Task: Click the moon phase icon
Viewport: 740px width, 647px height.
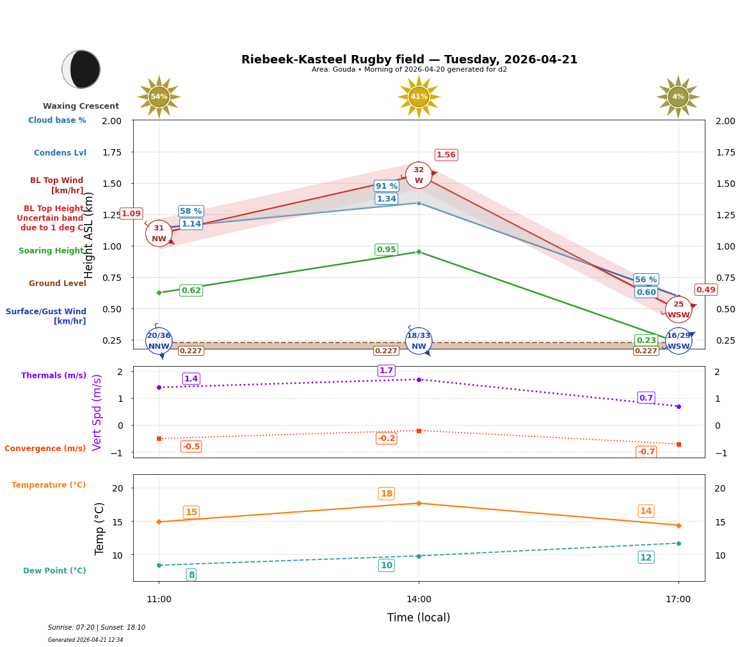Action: tap(81, 69)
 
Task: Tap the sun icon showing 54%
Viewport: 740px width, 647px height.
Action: tap(159, 97)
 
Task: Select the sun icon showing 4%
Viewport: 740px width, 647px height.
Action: tap(678, 97)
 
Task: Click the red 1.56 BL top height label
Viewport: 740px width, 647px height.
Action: tap(446, 155)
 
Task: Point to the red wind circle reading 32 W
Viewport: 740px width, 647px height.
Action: tap(419, 175)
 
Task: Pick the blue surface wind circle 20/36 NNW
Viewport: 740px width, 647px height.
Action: tap(159, 341)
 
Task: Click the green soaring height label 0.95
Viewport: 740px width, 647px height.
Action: tap(386, 250)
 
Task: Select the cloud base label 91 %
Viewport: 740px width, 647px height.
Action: tap(387, 186)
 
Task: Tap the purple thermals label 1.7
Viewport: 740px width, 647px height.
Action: tap(386, 371)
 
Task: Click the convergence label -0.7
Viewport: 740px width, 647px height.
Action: tap(646, 452)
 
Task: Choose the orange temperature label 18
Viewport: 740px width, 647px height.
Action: tap(387, 493)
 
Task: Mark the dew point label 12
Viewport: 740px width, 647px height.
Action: tap(646, 557)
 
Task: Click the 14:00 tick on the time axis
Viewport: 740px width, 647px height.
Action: tap(419, 599)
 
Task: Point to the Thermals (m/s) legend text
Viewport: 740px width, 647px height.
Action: tap(54, 376)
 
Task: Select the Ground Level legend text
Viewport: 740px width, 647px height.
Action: tap(58, 284)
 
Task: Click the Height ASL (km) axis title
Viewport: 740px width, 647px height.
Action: tap(89, 235)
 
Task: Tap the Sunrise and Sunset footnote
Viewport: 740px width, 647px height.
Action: tap(97, 628)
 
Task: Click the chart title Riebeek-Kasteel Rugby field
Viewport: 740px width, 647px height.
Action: tap(409, 60)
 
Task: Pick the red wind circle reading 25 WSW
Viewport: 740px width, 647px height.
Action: tap(678, 310)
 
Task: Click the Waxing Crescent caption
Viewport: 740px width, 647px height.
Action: tap(81, 106)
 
